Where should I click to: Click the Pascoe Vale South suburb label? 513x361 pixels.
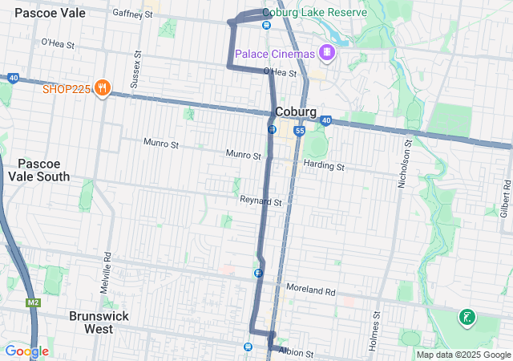point(38,169)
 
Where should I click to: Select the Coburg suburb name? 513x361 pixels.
point(294,112)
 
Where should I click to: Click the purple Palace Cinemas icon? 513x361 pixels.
point(326,53)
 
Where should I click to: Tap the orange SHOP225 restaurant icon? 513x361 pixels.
point(102,87)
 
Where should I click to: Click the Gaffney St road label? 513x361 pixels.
point(133,14)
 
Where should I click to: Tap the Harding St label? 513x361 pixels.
point(324,166)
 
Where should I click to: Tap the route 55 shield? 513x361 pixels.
point(299,130)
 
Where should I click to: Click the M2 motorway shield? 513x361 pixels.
point(33,302)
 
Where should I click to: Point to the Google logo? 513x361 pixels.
point(26,351)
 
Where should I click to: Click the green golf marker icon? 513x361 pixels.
point(466,318)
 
